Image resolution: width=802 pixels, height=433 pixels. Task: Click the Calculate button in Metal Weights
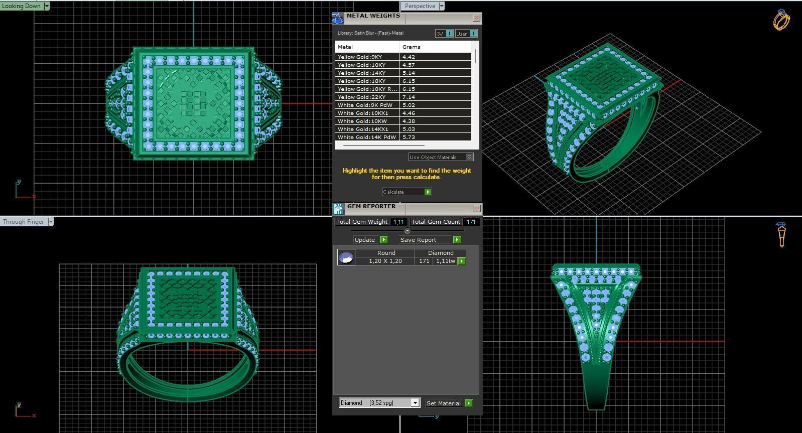coord(407,192)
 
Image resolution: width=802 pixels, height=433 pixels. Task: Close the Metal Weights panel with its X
coord(476,18)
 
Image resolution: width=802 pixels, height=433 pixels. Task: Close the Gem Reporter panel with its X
coord(476,208)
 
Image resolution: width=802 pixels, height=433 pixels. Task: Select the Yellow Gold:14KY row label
coord(361,73)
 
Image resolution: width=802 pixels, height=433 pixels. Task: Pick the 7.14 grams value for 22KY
coord(409,97)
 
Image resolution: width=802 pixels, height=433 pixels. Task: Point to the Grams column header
coord(412,47)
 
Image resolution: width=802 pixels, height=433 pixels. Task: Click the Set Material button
coord(449,403)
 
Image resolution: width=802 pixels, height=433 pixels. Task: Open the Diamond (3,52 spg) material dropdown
coord(415,403)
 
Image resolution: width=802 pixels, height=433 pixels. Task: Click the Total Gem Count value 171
coord(471,222)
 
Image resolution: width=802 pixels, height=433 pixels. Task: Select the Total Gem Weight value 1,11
coord(398,222)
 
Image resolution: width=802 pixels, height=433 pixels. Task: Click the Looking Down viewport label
coord(22,6)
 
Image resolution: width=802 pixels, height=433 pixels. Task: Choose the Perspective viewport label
coord(420,6)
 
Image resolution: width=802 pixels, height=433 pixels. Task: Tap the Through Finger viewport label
coord(24,222)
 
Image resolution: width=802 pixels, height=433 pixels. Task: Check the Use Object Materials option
coord(470,157)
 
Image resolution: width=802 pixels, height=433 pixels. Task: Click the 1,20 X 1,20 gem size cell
coord(385,261)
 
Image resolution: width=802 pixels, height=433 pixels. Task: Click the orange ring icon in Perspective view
coord(781,20)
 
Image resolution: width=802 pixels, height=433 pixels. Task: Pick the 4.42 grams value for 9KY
coord(409,57)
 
